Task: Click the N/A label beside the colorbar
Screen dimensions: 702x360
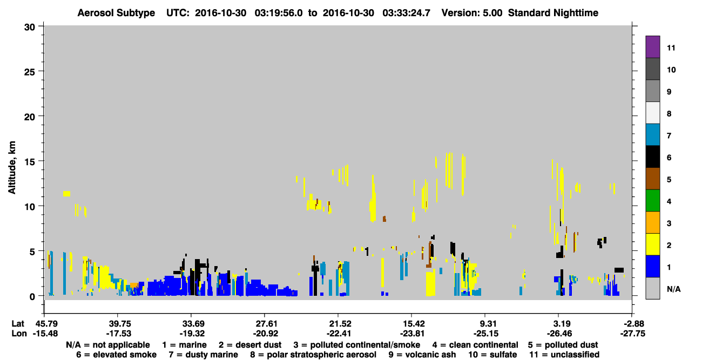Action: point(673,289)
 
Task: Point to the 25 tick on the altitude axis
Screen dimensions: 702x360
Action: point(30,72)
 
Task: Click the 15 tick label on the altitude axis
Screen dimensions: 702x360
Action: point(30,162)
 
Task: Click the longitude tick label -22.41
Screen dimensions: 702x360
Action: point(339,334)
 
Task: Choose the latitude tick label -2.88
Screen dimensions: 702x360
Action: point(632,324)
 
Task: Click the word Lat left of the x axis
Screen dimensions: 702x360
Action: point(18,324)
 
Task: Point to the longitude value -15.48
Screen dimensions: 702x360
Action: point(45,334)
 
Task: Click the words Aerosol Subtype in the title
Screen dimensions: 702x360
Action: point(116,13)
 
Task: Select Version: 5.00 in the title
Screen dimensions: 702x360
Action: point(471,13)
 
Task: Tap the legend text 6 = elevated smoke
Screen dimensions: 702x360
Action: point(116,355)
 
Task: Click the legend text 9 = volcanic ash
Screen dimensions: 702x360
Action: point(422,355)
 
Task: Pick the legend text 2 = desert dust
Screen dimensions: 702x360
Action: point(250,345)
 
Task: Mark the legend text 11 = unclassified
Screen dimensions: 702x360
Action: point(564,355)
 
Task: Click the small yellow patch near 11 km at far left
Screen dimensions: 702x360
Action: point(66,194)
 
